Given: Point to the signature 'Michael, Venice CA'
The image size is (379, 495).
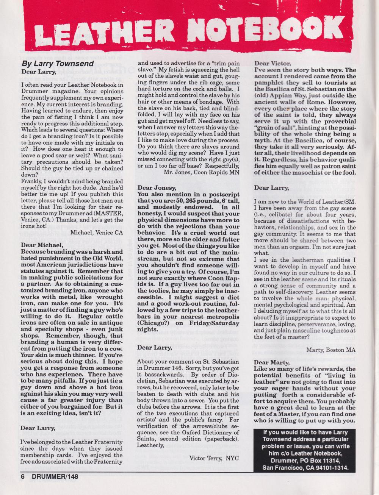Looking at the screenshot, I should [97, 232].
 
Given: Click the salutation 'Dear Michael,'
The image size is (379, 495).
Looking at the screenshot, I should [41, 245].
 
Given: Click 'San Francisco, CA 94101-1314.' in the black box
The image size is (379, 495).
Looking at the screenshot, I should [306, 468].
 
